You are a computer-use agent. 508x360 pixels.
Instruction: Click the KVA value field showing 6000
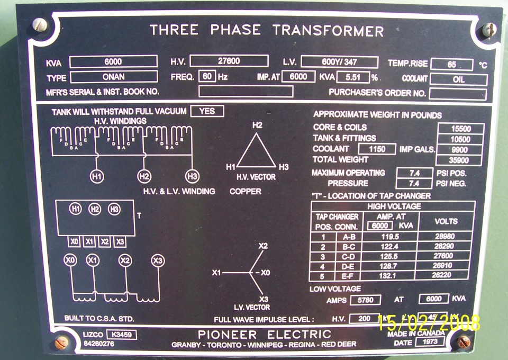(113, 61)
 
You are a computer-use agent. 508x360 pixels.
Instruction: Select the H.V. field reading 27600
(229, 61)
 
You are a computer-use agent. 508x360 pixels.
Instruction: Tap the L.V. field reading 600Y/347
(339, 62)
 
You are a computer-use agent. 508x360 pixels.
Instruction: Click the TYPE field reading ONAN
(113, 77)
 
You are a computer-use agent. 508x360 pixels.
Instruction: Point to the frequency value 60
(208, 76)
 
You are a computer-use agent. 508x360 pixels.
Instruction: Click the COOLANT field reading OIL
(458, 79)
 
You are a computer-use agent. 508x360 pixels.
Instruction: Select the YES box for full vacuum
(207, 111)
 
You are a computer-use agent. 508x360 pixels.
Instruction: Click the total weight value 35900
(460, 160)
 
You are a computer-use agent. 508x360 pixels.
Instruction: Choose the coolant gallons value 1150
(377, 149)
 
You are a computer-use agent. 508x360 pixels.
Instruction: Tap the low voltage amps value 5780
(369, 299)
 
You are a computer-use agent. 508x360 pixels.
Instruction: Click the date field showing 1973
(430, 342)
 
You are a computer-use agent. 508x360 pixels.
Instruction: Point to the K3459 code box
(121, 335)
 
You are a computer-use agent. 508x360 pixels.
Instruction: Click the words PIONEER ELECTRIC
(264, 335)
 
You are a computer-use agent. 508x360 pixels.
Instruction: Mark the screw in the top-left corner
(39, 24)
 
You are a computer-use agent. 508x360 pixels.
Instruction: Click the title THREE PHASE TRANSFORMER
(266, 30)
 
